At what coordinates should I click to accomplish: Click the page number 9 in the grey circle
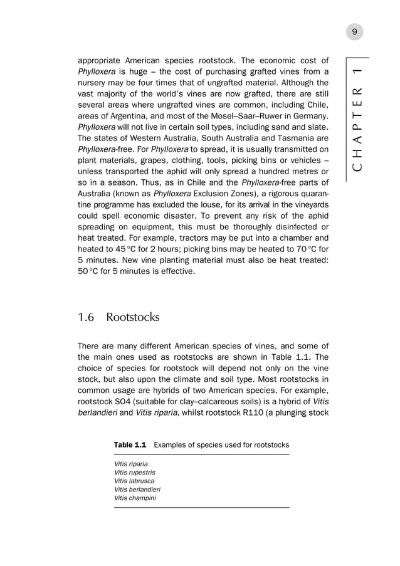point(355,32)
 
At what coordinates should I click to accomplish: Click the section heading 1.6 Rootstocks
point(118,317)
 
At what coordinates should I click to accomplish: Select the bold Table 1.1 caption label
point(130,444)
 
